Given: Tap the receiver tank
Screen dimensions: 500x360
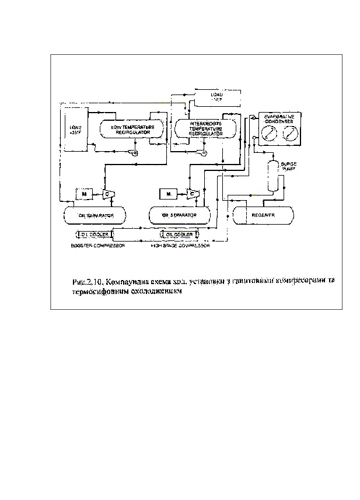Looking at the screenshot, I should (x=263, y=215).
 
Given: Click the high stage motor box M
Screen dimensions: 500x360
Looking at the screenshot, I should (x=168, y=193).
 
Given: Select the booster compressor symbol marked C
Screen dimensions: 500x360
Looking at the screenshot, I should (x=107, y=193).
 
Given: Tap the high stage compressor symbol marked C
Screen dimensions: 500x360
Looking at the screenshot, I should (x=191, y=193).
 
